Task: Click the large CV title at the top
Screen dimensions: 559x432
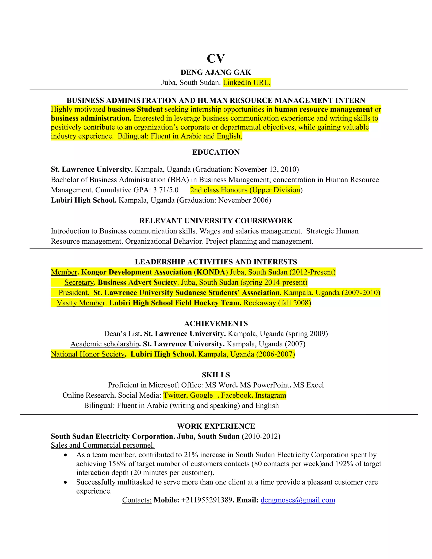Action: coord(216,58)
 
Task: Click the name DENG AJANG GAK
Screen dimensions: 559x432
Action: coord(216,72)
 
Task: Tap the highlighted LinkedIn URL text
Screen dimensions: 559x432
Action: coord(246,83)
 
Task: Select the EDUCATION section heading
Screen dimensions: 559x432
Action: coord(216,152)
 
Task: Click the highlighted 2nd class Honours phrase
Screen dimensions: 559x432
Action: coord(245,190)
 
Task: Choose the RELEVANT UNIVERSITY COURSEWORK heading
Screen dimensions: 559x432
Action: coord(216,221)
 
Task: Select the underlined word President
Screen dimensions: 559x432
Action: coord(73,293)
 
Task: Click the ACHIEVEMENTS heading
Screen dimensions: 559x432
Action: coord(216,324)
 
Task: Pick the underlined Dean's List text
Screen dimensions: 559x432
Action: coord(122,334)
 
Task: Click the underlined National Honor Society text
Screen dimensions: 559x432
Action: coord(88,354)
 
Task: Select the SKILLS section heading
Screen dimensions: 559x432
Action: coord(216,375)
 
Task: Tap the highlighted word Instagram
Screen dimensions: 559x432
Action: coord(270,396)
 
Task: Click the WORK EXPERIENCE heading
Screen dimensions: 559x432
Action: coord(216,426)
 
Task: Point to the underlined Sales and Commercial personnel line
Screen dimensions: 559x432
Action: coord(103,445)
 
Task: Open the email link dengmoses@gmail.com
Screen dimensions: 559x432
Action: coord(298,500)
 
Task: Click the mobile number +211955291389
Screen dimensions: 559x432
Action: coord(207,500)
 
